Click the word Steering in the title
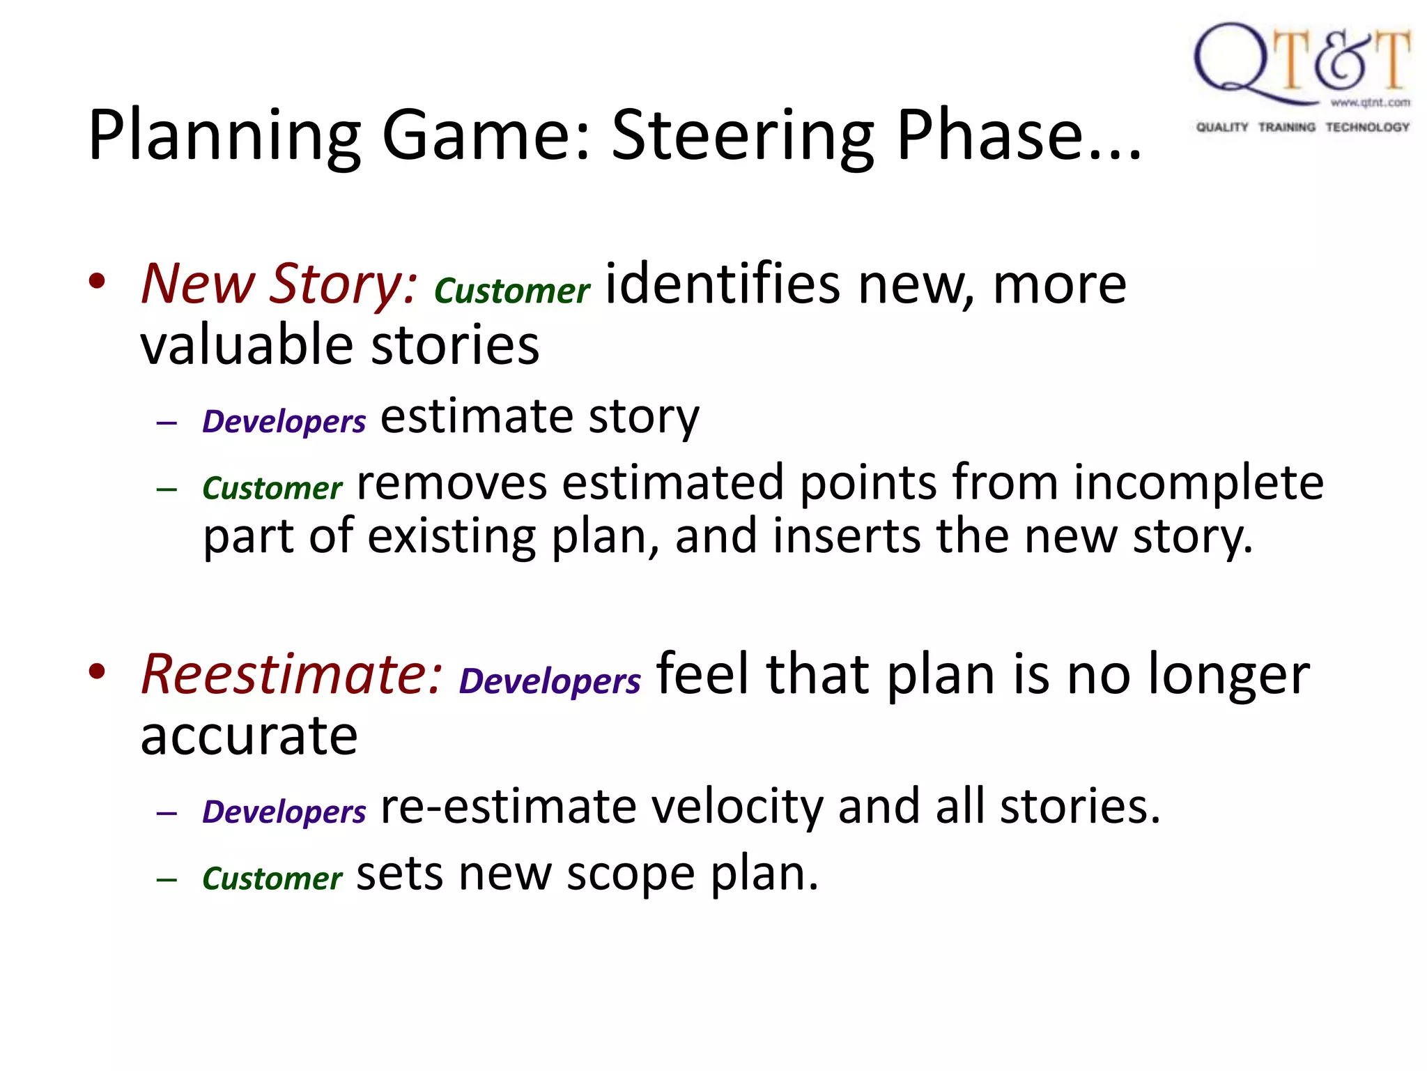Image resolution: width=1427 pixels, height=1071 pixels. (x=743, y=136)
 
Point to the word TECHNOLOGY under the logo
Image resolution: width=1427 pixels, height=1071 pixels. (x=1367, y=127)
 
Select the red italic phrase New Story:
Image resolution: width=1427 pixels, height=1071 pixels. (x=279, y=284)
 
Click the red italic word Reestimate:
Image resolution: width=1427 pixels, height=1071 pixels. (x=291, y=674)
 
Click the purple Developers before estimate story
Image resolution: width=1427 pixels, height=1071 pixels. (x=284, y=421)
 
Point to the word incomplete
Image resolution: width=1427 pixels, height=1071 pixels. (x=1198, y=483)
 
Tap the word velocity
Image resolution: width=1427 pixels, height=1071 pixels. (x=737, y=807)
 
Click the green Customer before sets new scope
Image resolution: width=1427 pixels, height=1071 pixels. (x=272, y=878)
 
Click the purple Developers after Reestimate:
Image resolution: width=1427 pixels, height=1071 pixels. (x=550, y=681)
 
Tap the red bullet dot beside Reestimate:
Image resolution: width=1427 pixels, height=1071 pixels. (x=97, y=671)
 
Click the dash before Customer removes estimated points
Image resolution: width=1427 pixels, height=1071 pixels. (x=167, y=489)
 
